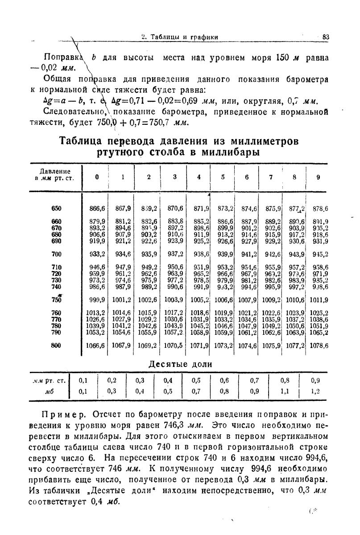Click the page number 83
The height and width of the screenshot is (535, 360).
click(x=325, y=37)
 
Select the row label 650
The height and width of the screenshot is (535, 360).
click(x=56, y=209)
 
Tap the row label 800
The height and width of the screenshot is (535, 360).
click(x=56, y=345)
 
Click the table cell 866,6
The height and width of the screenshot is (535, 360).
click(x=97, y=209)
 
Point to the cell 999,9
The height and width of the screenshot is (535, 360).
click(x=97, y=300)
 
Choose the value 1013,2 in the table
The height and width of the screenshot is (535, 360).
click(x=97, y=313)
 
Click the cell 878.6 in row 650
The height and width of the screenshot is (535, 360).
click(x=319, y=209)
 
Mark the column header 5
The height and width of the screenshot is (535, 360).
click(x=223, y=177)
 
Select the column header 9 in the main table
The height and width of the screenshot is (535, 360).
click(x=318, y=177)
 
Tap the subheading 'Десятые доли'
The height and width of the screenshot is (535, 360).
click(x=180, y=364)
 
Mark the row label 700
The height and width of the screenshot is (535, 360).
click(x=56, y=254)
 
